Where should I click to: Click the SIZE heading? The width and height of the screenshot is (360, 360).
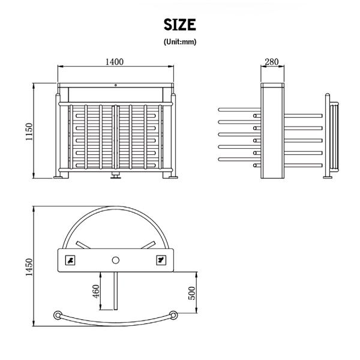click(x=179, y=24)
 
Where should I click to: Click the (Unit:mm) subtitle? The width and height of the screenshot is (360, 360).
click(x=179, y=42)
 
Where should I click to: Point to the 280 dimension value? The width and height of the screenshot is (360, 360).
click(x=271, y=61)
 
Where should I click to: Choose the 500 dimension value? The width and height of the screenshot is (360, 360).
click(x=192, y=292)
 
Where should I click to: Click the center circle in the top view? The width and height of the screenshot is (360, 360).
click(x=116, y=259)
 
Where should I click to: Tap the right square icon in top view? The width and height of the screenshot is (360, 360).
click(x=160, y=259)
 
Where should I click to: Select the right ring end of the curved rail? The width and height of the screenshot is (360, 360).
click(x=174, y=314)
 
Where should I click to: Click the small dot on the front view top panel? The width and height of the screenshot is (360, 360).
click(x=116, y=85)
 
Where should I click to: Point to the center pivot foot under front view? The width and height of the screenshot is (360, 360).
click(x=116, y=175)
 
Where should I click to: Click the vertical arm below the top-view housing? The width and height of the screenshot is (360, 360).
click(x=116, y=291)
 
